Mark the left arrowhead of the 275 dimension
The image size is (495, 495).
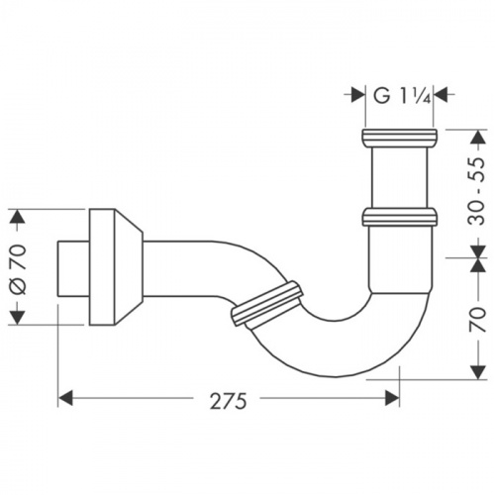(66, 398)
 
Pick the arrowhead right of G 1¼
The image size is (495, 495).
(441, 95)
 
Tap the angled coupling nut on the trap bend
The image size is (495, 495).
(264, 303)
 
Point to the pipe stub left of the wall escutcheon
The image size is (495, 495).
(73, 266)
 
